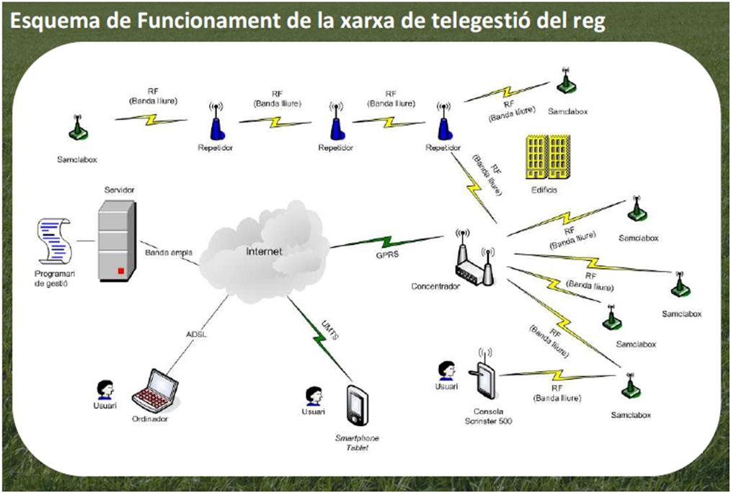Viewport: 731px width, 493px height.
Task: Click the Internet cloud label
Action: tap(264, 252)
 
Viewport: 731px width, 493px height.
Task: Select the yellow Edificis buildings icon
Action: tap(548, 158)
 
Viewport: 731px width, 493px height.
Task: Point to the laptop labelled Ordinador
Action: tap(155, 390)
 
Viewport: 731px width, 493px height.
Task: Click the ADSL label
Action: tap(197, 334)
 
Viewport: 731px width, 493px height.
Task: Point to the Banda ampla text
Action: tap(168, 253)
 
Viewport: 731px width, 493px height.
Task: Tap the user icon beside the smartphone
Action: tap(313, 397)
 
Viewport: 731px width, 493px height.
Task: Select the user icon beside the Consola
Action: tap(446, 371)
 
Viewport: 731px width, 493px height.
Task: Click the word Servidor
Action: tap(119, 190)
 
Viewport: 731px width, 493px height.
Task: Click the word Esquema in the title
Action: tap(45, 21)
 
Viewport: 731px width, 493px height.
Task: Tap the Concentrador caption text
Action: tap(435, 287)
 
